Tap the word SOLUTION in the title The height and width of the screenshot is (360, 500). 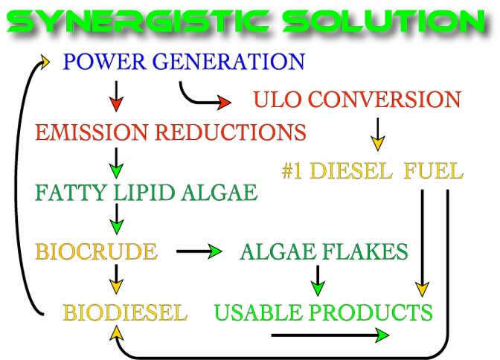coord(384,21)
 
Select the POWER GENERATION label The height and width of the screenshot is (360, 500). coord(184,61)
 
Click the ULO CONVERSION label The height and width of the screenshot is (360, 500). coord(357,99)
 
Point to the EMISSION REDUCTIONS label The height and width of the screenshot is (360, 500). coord(170,132)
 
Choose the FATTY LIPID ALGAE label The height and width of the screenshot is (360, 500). coord(147,193)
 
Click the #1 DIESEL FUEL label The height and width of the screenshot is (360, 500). coord(373,170)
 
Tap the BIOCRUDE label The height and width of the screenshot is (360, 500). coord(96,251)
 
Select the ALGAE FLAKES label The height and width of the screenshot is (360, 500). coord(324,251)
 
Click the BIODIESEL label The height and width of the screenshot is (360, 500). coord(125,312)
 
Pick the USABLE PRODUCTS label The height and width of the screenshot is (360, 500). coord(324,312)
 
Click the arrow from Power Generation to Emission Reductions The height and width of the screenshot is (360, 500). coord(116,96)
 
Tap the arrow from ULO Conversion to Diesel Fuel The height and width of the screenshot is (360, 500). coord(377,134)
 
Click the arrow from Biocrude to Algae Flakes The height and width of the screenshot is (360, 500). coord(199,251)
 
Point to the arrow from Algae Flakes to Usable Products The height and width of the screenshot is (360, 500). coord(318,280)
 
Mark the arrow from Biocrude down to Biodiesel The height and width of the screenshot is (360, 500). coord(116,279)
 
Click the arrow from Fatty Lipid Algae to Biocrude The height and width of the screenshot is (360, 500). coord(117,219)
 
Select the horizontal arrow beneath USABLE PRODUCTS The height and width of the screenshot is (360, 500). coord(330,335)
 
